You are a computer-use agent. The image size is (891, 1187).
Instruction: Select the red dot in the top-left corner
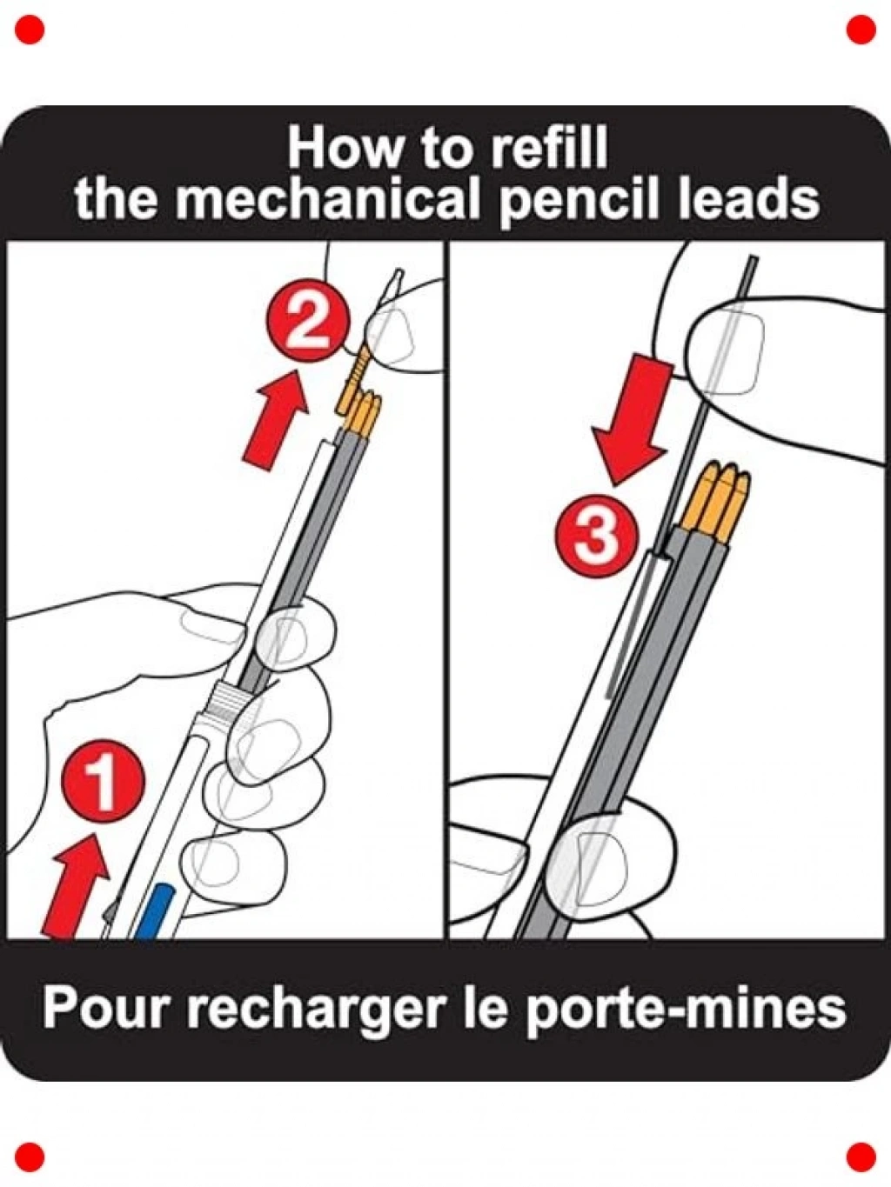tap(30, 30)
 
